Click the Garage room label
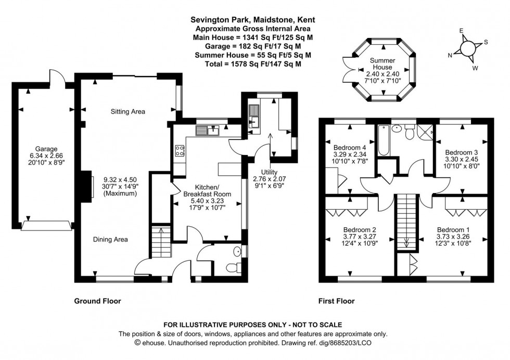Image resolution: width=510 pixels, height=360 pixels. coord(43,148)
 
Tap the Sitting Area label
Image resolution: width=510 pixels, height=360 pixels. coord(127,111)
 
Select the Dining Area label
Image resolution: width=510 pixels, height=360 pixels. coord(110,239)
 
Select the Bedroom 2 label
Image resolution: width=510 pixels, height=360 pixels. coord(360,229)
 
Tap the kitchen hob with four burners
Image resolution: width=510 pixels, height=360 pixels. coord(181,151)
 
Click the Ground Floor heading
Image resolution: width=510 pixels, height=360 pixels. coord(97,301)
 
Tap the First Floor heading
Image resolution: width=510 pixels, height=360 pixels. coord(336,301)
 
